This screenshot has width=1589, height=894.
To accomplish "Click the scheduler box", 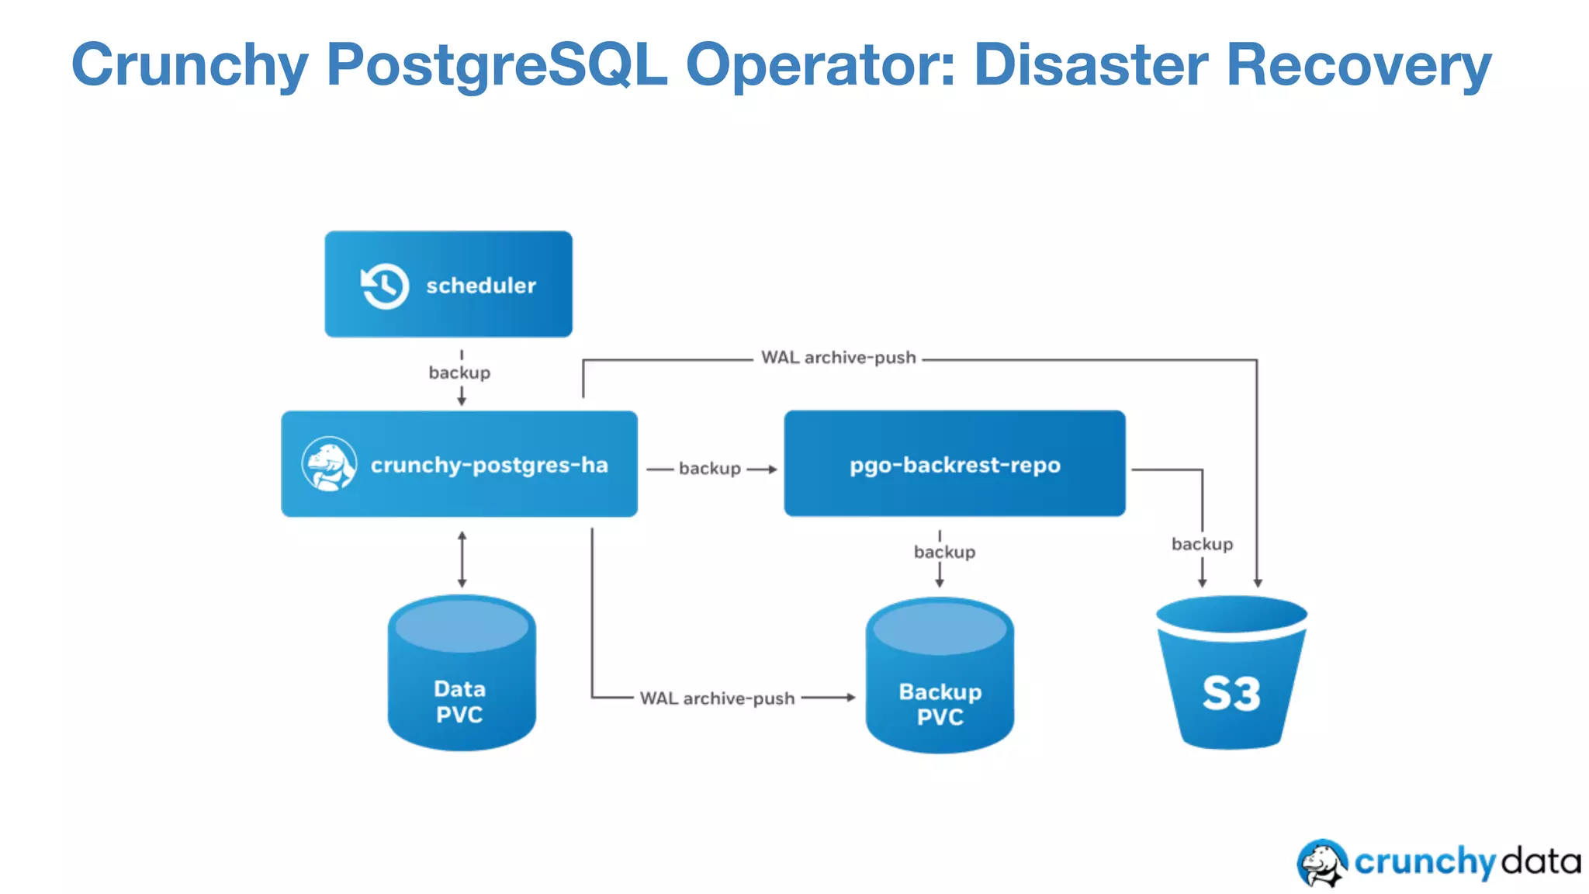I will coord(448,284).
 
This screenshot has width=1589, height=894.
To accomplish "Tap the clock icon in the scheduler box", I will coord(385,286).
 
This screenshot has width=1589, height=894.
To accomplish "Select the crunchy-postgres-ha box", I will coord(459,464).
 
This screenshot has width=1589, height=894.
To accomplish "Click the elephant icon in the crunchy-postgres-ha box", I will coord(329,464).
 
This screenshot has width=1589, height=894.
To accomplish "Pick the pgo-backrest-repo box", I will coord(954,464).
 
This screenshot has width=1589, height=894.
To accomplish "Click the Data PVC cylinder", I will coord(462,674).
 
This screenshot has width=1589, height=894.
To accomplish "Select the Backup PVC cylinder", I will coord(940,675).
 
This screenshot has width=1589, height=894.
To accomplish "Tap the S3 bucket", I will coord(1231,674).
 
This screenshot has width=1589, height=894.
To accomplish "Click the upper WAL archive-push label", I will coord(838,358).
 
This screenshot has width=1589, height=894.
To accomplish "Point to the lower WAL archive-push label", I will coord(717,698).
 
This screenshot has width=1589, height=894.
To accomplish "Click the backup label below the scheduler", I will coord(459,372).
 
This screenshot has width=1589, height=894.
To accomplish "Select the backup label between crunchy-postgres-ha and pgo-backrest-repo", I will coord(709,469).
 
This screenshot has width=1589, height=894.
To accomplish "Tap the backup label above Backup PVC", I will coord(944,552).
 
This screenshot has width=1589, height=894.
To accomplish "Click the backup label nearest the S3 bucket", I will coord(1202,544).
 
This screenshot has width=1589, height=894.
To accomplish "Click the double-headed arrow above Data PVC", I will coord(462,559).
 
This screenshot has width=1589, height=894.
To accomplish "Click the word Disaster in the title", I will coord(1090,65).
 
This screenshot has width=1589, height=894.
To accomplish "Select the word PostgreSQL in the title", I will coord(497,65).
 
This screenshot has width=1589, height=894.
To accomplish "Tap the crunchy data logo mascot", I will coord(1322,862).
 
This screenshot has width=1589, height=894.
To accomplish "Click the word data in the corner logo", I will coord(1540,862).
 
